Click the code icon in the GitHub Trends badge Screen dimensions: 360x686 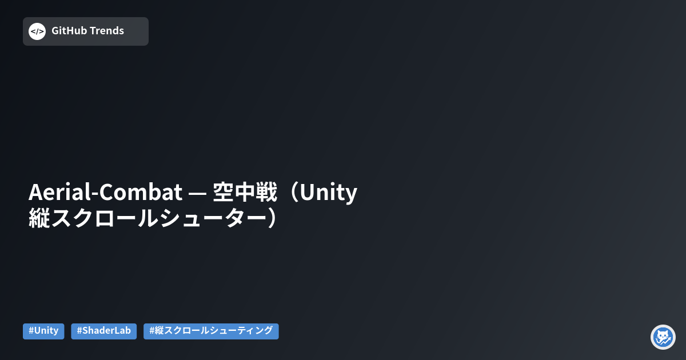point(37,31)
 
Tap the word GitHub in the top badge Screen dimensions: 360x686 point(69,31)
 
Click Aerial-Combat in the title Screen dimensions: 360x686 point(105,193)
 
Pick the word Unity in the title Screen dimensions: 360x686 point(329,193)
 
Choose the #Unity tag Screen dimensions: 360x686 point(43,331)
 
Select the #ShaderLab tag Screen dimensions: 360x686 point(103,331)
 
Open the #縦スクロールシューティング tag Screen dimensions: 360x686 point(211,331)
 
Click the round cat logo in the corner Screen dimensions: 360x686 point(663,337)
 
